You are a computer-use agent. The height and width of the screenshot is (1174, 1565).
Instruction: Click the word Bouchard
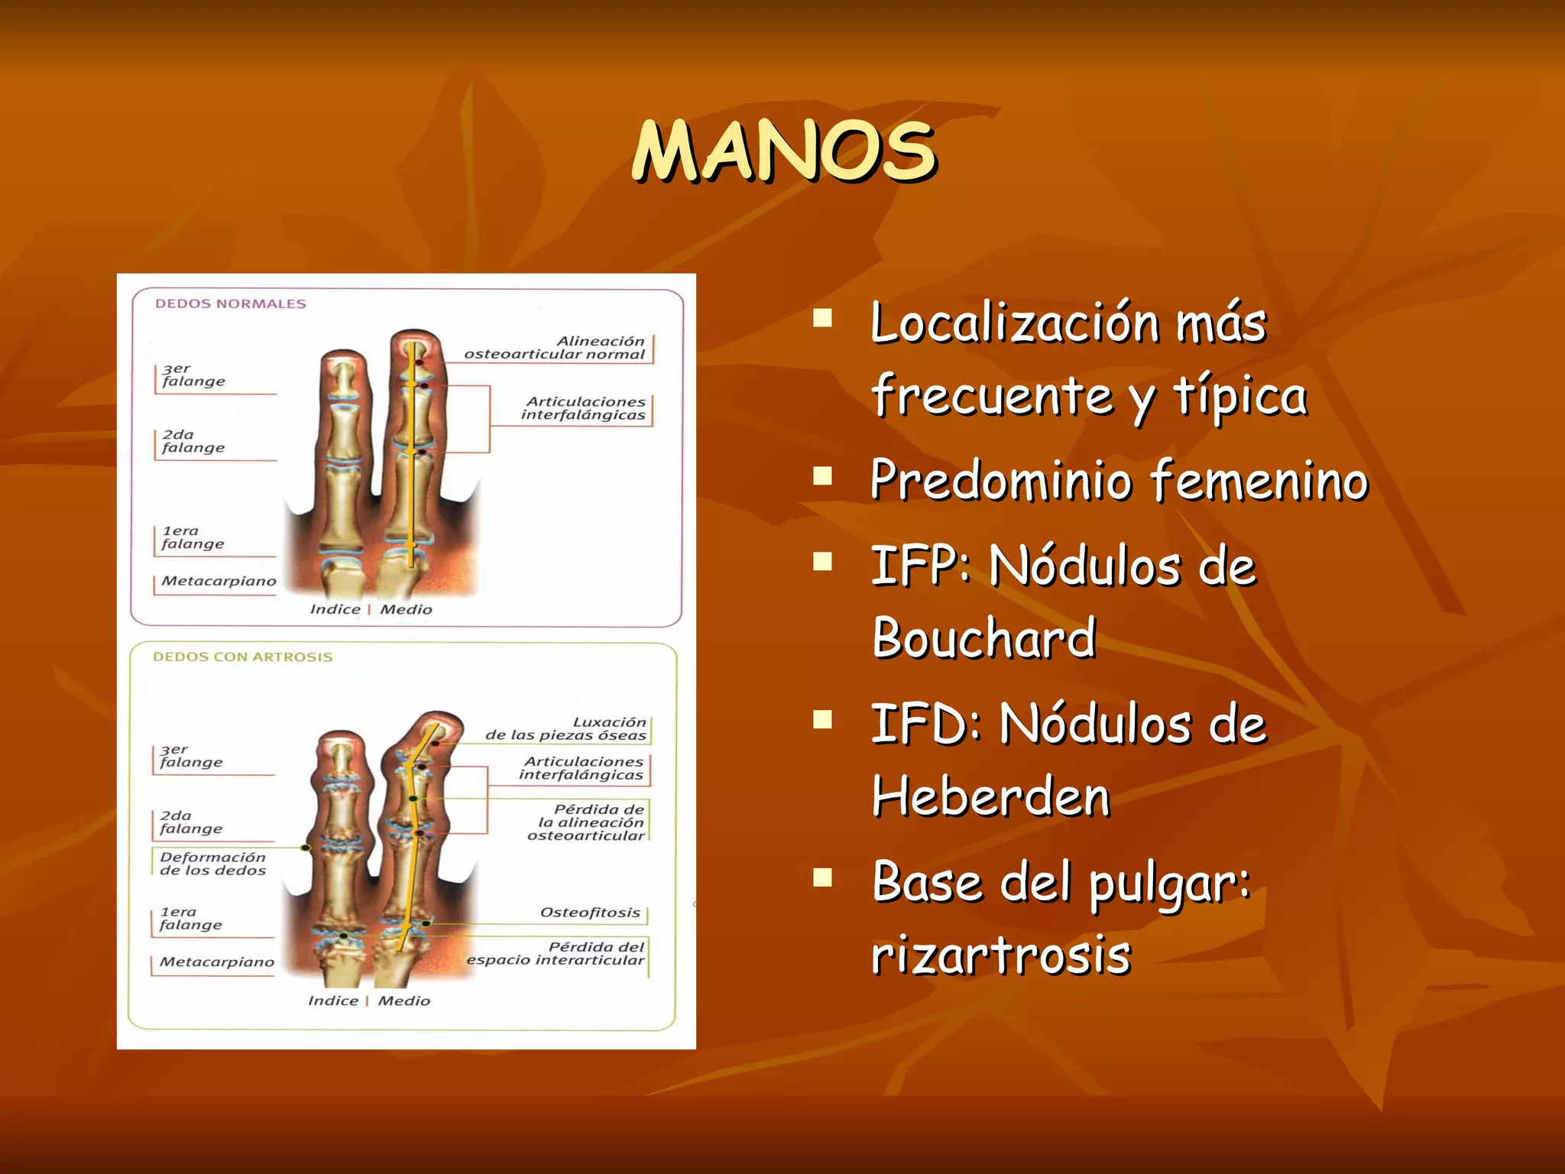pos(984,637)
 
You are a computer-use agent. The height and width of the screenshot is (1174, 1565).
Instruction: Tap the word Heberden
pos(990,796)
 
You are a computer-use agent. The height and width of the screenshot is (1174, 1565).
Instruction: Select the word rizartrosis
pos(1001,955)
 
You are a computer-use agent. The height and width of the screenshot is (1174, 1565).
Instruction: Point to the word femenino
pos(1259,480)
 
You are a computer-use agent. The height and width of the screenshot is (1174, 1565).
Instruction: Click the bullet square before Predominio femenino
pos(822,477)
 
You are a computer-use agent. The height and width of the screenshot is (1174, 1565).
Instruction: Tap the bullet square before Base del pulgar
pos(822,877)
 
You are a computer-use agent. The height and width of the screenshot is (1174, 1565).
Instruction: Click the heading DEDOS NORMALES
pos(230,303)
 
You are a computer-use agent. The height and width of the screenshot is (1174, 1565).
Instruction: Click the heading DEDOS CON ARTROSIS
pos(242,657)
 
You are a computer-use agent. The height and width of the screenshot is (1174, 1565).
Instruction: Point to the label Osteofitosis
pos(589,913)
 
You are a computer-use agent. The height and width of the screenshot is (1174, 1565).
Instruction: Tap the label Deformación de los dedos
pos(212,864)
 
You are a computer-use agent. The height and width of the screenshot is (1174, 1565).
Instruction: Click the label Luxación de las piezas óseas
pos(566,728)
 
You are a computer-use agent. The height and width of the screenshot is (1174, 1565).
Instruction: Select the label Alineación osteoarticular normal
pos(555,348)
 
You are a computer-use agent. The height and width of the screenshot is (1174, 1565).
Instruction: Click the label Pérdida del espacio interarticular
pos(556,953)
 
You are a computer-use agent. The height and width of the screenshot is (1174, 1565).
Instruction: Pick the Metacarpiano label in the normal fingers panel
pos(219,581)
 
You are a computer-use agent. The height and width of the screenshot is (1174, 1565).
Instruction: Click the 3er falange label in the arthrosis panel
pos(191,756)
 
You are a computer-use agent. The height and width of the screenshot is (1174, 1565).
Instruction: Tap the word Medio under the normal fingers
pos(406,609)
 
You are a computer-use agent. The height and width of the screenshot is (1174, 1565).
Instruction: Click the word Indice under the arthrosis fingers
pos(332,1000)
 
